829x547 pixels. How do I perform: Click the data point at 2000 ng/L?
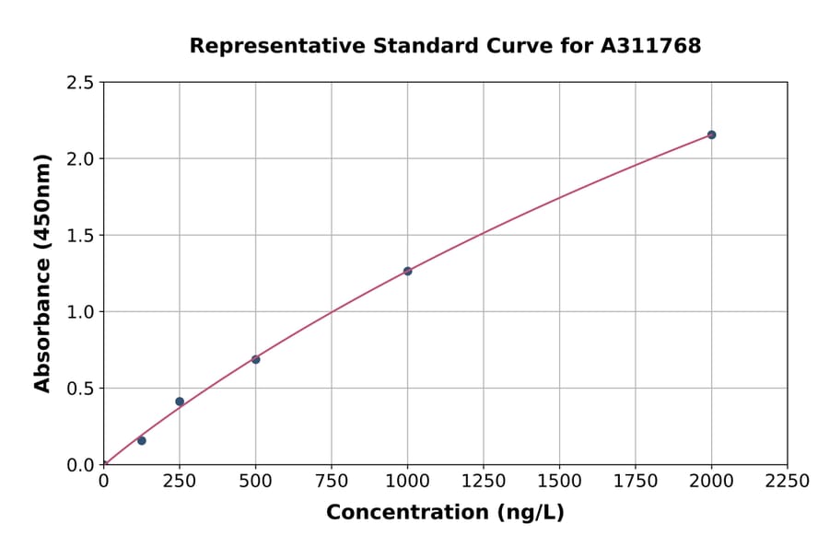tap(711, 134)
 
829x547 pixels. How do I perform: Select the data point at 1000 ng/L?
tap(407, 271)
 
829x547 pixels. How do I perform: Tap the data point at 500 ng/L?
tap(255, 359)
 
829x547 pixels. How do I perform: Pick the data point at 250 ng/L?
tap(180, 402)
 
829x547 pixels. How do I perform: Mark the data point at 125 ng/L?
tap(142, 440)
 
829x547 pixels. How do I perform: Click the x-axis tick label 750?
tap(332, 482)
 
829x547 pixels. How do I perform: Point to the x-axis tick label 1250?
tap(484, 482)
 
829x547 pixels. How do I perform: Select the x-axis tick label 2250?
tap(788, 482)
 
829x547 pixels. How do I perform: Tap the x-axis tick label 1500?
tap(559, 482)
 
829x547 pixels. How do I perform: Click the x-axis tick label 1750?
tap(636, 482)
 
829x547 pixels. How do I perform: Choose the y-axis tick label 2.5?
tap(80, 83)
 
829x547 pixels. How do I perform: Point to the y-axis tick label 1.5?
tap(80, 236)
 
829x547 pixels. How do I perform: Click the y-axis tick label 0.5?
tap(80, 389)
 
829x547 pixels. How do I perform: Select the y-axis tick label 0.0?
tap(80, 465)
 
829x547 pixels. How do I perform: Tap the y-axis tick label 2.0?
tap(80, 159)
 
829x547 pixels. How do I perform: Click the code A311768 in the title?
tap(650, 46)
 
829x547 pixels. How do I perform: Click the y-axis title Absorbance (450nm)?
tap(42, 273)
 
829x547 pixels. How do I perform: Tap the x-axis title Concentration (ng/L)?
tap(445, 513)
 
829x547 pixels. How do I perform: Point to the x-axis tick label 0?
tap(103, 482)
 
